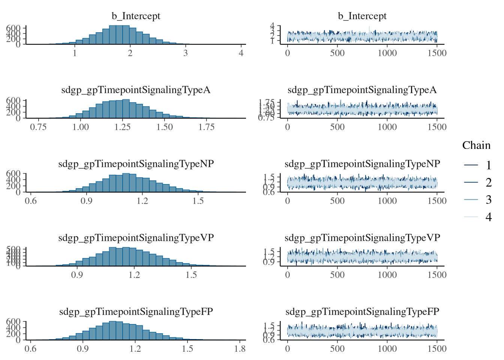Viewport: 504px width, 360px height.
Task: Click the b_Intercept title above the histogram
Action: point(136,16)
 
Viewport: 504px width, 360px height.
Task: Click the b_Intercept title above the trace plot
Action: point(362,16)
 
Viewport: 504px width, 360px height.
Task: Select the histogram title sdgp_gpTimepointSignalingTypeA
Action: point(136,90)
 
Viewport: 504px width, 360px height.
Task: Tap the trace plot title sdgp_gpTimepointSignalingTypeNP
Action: point(362,164)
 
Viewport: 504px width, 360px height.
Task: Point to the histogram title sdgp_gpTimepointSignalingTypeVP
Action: point(136,238)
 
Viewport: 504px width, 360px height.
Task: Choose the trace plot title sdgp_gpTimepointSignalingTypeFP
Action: point(362,312)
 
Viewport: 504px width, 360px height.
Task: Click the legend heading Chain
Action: point(476,145)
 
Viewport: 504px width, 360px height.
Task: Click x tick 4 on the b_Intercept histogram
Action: point(241,53)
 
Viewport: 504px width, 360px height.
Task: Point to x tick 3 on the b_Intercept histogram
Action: point(186,53)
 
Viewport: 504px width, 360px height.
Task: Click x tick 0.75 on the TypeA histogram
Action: point(38,127)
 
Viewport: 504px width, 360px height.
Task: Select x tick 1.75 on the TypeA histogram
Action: point(207,127)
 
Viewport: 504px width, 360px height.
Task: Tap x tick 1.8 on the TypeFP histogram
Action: point(240,349)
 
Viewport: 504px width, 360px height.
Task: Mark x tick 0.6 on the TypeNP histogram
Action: point(31,201)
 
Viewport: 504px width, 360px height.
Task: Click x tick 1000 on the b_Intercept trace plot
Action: point(387,53)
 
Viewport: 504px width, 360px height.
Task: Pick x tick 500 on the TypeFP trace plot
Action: point(337,349)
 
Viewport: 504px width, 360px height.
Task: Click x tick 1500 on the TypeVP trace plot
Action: point(437,275)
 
